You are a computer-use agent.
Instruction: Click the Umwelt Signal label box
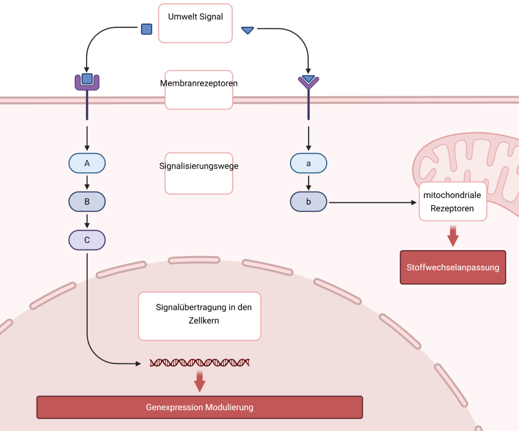(196, 23)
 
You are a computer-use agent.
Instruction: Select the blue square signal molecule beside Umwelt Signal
(146, 29)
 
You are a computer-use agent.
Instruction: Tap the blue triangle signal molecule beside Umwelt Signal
(247, 30)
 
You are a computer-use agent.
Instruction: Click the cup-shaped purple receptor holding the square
(87, 81)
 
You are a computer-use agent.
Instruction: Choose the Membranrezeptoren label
(199, 90)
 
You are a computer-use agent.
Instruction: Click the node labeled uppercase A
(87, 163)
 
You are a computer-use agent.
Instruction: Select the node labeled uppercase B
(87, 202)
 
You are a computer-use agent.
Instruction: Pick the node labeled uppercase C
(87, 240)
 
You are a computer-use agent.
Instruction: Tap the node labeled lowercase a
(308, 163)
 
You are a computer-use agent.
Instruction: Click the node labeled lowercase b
(308, 202)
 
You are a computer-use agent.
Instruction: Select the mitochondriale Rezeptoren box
(453, 201)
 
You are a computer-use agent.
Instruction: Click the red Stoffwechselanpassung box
(453, 267)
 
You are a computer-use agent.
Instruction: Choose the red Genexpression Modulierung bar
(200, 407)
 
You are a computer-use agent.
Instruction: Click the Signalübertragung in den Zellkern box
(200, 315)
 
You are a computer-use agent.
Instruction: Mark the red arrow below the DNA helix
(200, 381)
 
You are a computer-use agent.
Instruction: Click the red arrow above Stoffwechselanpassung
(453, 236)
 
